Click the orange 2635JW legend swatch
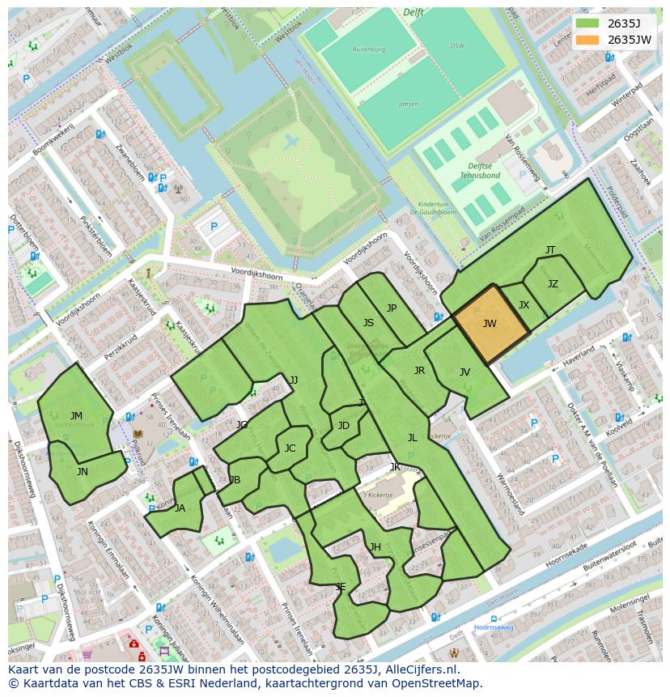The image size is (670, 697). [x=588, y=40]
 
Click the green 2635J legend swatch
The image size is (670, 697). [x=588, y=23]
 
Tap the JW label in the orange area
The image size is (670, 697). [x=490, y=324]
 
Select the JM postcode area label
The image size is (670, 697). [x=76, y=416]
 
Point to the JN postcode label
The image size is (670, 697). [x=83, y=471]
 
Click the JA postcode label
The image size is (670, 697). [x=180, y=508]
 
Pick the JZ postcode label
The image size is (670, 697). [x=553, y=284]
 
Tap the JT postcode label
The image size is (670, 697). [x=550, y=250]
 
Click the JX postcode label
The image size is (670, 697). [x=524, y=305]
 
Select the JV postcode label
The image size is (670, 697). [x=464, y=372]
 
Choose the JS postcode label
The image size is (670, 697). [x=368, y=322]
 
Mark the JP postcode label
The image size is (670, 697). [x=392, y=308]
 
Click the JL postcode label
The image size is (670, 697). [x=412, y=437]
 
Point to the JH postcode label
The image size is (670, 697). [x=375, y=547]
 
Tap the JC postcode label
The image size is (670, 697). [x=290, y=448]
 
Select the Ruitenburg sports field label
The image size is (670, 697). [x=368, y=49]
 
